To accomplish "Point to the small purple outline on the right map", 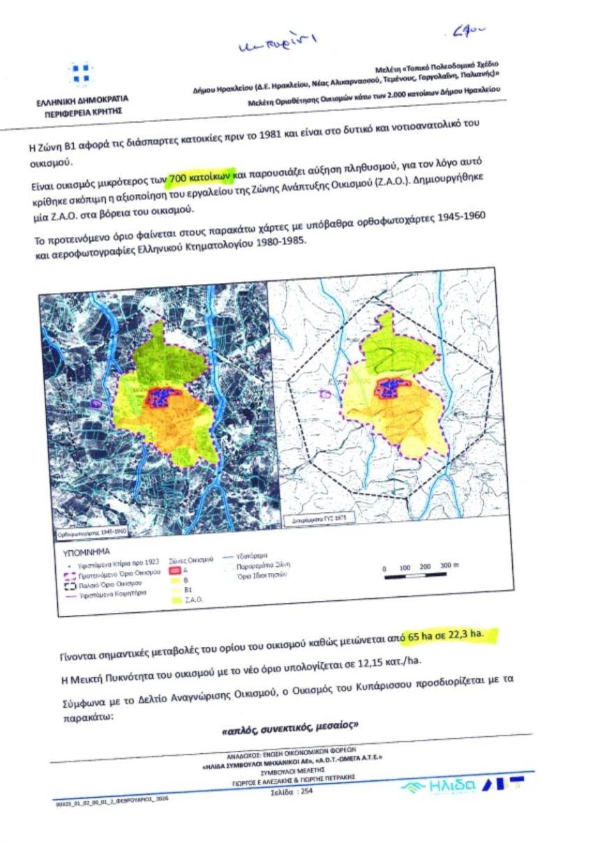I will click(x=324, y=395).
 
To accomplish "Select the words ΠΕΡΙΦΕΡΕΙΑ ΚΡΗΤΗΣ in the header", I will click(x=83, y=111).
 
